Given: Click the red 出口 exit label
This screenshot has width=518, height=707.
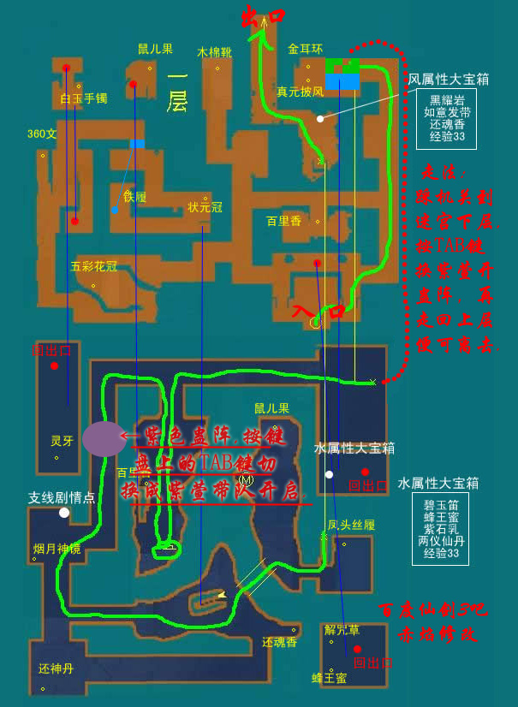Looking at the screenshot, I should (262, 16).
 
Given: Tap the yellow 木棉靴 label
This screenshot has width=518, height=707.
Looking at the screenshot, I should (214, 52).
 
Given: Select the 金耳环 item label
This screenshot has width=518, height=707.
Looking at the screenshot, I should (305, 49).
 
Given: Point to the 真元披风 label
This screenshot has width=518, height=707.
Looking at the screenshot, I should (300, 91).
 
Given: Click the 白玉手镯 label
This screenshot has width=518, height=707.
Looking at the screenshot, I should (83, 98).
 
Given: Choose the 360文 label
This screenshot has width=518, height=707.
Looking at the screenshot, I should (42, 134).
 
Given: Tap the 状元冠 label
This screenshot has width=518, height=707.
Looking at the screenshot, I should (205, 207).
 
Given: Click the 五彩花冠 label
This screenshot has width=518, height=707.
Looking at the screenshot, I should (93, 266).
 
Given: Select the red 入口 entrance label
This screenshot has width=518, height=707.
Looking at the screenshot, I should (318, 310).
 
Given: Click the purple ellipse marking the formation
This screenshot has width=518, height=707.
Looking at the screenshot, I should (104, 438).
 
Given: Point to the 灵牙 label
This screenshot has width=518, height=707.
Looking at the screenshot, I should (62, 442).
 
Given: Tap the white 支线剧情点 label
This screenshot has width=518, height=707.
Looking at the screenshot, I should (62, 497).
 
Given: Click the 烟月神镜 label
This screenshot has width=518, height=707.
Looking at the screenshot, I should (57, 549).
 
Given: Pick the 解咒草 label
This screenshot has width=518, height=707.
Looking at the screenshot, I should (342, 629).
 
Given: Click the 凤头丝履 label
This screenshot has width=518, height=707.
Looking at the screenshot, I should (351, 524).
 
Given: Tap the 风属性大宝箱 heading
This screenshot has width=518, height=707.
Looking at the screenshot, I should (448, 79).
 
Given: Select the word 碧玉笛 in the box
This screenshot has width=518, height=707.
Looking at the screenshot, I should (441, 505).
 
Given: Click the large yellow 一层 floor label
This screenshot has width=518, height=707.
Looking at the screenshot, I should (177, 91).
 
